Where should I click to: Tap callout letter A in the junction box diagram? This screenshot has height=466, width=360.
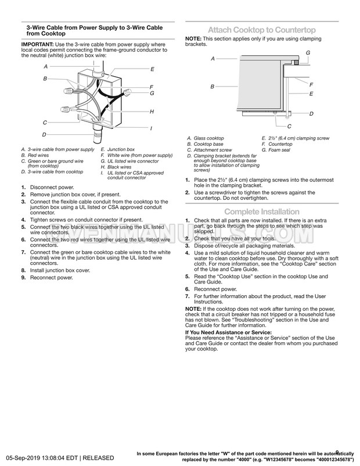(x=45, y=67)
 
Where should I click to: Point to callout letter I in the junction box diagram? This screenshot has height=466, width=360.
(x=151, y=128)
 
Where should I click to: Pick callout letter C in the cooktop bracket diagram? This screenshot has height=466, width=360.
(x=289, y=126)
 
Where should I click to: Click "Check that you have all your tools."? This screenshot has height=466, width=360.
(x=229, y=239)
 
